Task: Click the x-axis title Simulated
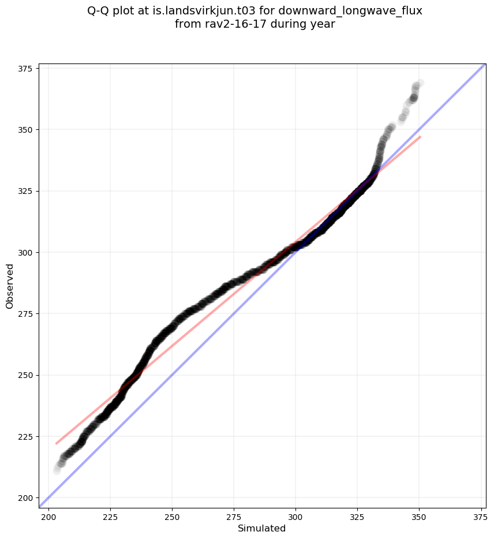click(262, 528)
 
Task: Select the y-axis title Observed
click(10, 286)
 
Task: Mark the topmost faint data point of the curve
click(420, 83)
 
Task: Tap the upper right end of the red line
click(420, 137)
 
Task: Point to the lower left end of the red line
click(56, 444)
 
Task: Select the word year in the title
click(324, 24)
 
